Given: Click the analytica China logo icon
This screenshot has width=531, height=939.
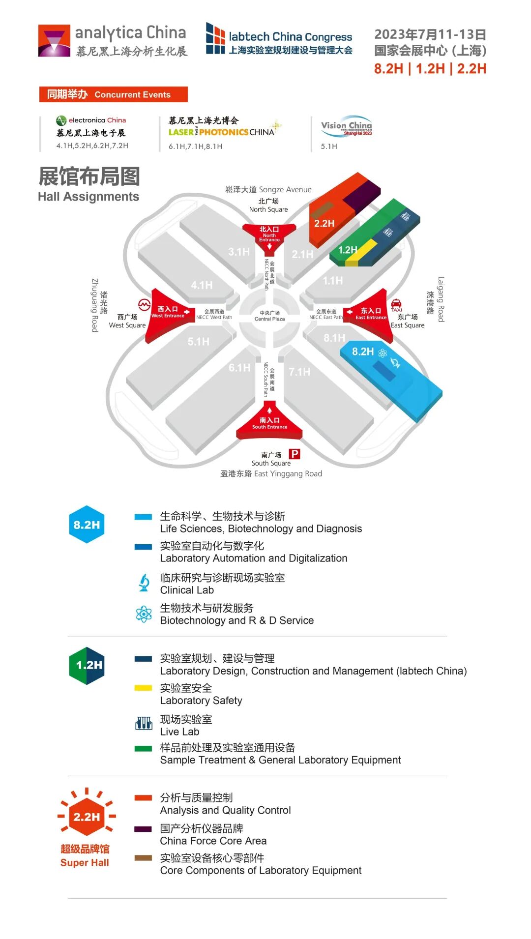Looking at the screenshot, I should tap(54, 41).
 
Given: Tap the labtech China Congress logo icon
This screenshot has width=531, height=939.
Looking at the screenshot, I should tap(215, 38).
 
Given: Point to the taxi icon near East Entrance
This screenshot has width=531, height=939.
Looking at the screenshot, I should tap(396, 304).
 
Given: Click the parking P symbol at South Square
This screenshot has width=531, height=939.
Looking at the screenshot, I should tap(294, 454).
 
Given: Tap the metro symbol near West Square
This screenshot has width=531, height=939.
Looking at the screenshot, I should tap(144, 305).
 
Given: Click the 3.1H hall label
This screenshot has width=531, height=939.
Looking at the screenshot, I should tap(239, 252).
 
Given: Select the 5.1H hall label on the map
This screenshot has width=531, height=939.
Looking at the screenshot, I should tap(198, 341).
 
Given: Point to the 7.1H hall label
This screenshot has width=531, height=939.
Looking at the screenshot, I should tap(299, 372).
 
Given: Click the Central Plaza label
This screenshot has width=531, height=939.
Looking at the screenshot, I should tap(269, 316).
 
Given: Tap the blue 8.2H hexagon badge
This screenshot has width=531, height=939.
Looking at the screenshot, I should tap(87, 525).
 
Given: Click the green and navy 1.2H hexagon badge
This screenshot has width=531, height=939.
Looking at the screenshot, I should tap(87, 666).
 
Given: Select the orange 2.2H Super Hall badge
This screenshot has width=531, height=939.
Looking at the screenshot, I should tap(87, 817).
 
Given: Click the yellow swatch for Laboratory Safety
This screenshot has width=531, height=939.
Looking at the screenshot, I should tap(143, 688).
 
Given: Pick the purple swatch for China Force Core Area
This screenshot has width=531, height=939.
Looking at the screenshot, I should tap(143, 829).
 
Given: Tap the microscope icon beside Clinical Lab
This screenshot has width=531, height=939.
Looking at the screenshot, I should tap(144, 583).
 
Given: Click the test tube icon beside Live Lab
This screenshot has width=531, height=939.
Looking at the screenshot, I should tap(144, 723).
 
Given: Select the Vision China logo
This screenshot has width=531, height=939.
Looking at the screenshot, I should tap(346, 128).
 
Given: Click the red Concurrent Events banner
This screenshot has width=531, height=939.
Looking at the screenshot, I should tap(113, 94).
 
